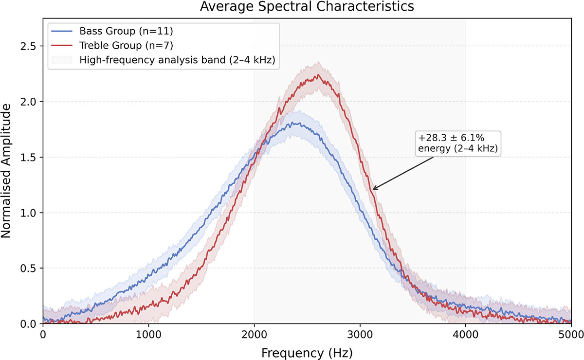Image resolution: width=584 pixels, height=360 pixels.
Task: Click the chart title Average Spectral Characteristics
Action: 307,6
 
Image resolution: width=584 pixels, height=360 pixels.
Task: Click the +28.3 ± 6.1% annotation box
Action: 458,144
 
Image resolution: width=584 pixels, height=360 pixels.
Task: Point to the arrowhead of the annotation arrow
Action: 373,189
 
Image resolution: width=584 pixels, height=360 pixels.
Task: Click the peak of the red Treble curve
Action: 318,75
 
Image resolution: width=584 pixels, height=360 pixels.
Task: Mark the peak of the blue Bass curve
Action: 292,123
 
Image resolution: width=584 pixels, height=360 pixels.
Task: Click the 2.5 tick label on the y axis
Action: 28,46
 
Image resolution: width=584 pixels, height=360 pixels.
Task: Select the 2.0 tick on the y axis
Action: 28,102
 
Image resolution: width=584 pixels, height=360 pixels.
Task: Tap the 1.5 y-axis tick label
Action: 28,157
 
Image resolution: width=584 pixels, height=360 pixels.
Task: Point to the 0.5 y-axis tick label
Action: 28,268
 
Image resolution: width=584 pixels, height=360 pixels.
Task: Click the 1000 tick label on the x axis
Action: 148,334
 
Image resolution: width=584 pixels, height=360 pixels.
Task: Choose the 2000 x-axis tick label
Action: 254,334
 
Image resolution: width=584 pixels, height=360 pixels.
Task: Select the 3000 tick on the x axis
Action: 360,334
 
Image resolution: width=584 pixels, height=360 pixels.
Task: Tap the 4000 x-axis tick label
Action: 466,334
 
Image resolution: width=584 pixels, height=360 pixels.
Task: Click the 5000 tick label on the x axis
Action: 571,334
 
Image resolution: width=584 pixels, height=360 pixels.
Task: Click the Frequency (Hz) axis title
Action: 307,353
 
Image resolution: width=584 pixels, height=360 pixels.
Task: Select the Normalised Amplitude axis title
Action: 6,171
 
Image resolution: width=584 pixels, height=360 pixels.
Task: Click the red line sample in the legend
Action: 62,45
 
